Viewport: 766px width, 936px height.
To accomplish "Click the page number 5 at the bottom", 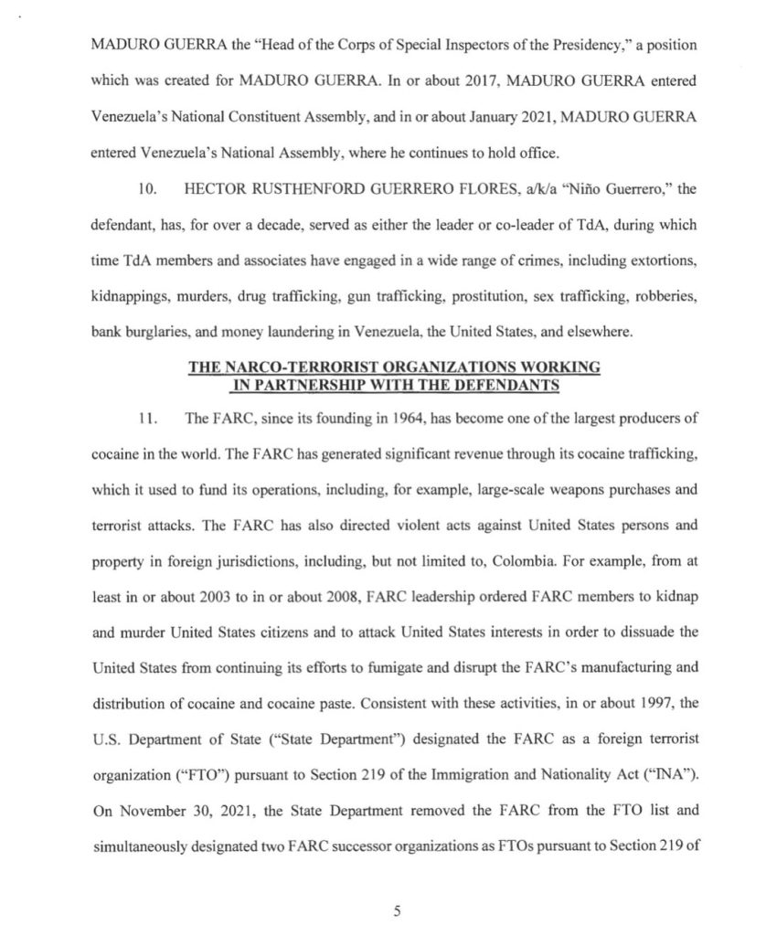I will pos(397,909).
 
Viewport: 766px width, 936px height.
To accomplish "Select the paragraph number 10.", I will pos(144,190).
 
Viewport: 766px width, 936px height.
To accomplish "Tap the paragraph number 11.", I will pos(143,419).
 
